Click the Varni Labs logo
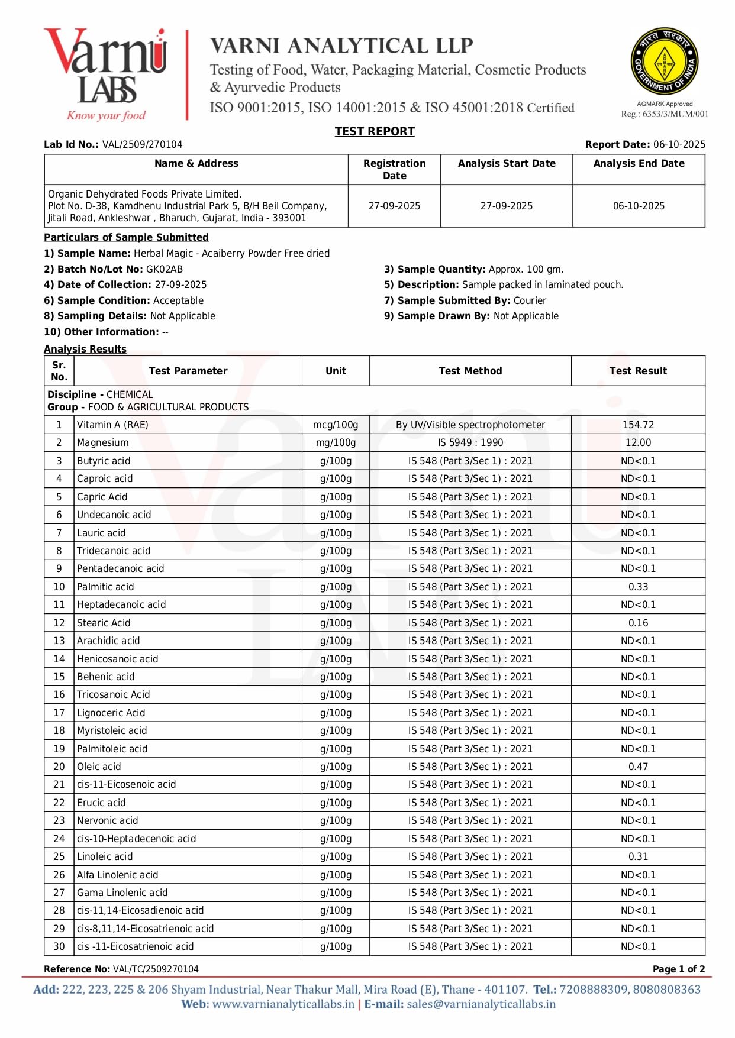pos(105,74)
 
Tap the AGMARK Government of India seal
pos(664,61)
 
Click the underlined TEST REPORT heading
pos(375,131)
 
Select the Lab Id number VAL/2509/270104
pos(142,144)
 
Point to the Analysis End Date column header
pos(639,163)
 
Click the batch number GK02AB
pos(165,269)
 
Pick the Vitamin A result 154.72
pos(638,425)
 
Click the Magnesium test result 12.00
pos(638,442)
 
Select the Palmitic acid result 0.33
pos(638,587)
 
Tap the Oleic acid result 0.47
pos(638,767)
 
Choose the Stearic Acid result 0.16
pos(638,623)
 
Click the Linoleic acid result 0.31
pos(638,856)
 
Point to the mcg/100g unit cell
pos(336,425)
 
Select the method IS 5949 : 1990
pos(470,442)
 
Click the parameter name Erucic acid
pos(101,803)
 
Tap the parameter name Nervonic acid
pos(107,820)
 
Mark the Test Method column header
pos(470,371)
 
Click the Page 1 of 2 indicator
pos(678,969)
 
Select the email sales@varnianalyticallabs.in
pos(481,1004)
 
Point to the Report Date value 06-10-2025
pos(679,144)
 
